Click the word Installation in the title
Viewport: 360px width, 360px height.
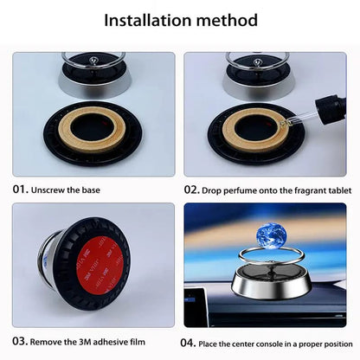pos(148,20)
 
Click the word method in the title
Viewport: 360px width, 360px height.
pos(227,20)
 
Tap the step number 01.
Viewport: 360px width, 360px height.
pos(21,190)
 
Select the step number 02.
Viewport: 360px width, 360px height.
pos(192,190)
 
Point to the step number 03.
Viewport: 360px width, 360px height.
pos(20,341)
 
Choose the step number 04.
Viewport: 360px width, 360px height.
pos(188,343)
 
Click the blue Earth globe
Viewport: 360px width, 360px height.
pos(271,235)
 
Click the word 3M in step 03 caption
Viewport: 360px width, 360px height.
pos(85,342)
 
